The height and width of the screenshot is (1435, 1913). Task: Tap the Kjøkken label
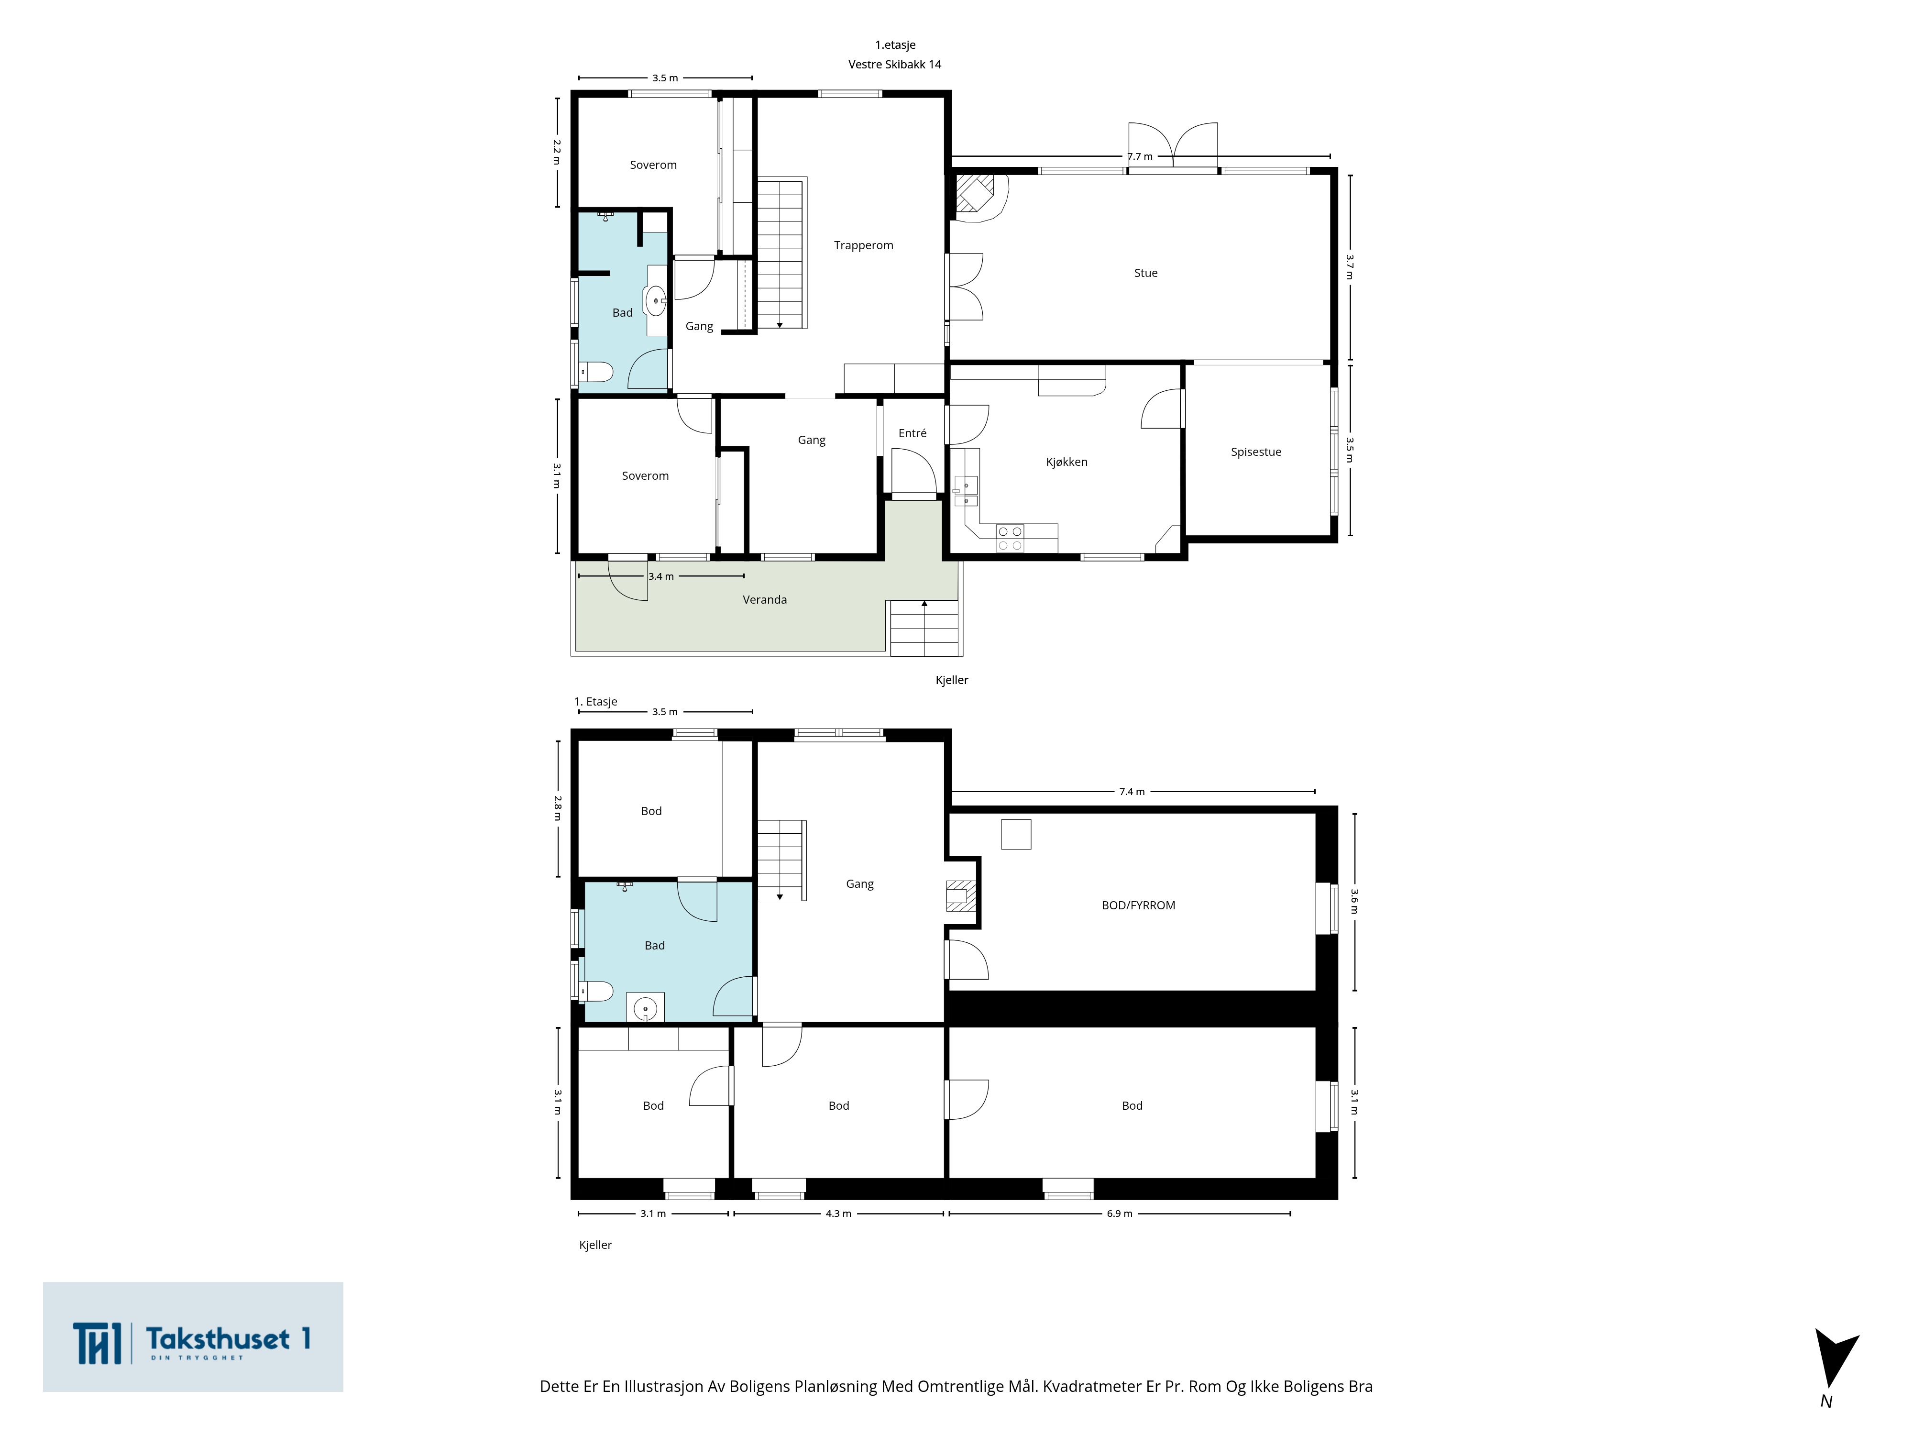[1066, 462]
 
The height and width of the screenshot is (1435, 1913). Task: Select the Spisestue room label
[1256, 452]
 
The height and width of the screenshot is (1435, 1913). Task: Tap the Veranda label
[765, 599]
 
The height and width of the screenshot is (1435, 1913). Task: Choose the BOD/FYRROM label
[1138, 905]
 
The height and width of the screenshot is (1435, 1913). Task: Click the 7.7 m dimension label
[1140, 156]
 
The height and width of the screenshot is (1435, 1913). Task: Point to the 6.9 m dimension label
[1119, 1214]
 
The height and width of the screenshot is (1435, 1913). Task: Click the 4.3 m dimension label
[838, 1214]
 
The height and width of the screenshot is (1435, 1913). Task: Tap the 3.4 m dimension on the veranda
[661, 576]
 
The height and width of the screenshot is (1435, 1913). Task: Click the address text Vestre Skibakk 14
[894, 64]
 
